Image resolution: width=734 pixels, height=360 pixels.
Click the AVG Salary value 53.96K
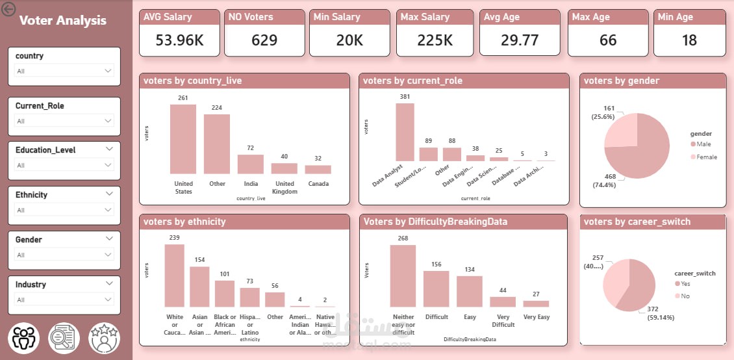click(179, 40)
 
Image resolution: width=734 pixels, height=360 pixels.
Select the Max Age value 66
click(607, 40)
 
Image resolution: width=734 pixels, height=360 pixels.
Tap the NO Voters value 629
click(264, 40)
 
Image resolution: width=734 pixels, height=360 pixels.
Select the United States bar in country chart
click(183, 139)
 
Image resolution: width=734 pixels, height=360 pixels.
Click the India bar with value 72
click(251, 164)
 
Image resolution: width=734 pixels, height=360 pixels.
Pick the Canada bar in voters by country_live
click(318, 170)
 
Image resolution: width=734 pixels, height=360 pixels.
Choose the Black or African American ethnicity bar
click(225, 294)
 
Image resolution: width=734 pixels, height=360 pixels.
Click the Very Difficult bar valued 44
click(503, 302)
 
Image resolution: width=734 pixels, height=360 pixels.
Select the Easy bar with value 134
click(470, 291)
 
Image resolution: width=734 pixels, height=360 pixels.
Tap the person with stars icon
click(104, 338)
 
